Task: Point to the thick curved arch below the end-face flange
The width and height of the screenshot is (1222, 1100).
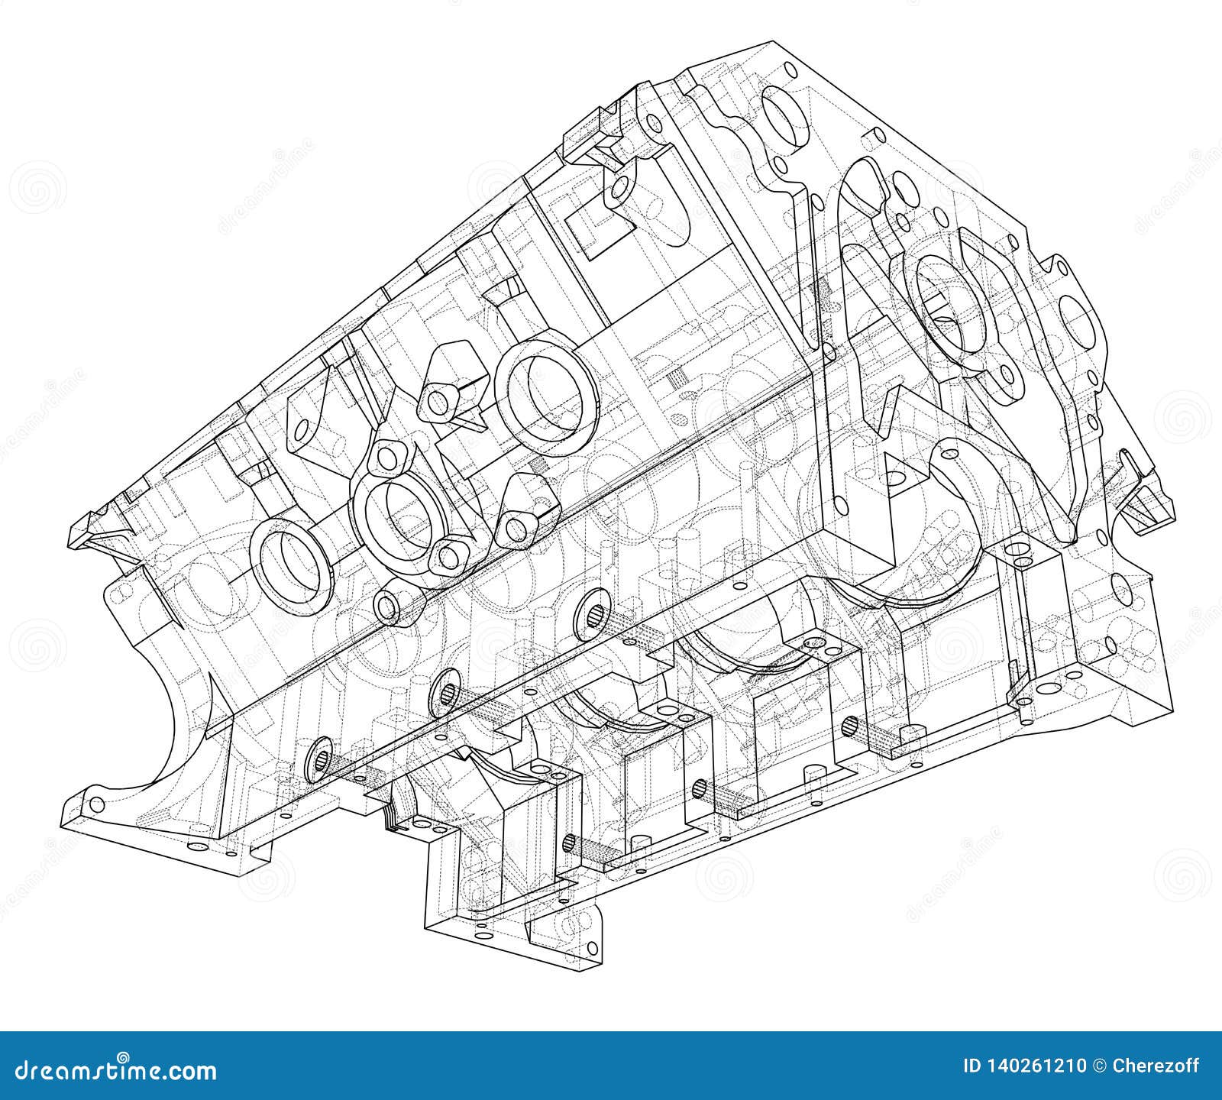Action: [x=966, y=489]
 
